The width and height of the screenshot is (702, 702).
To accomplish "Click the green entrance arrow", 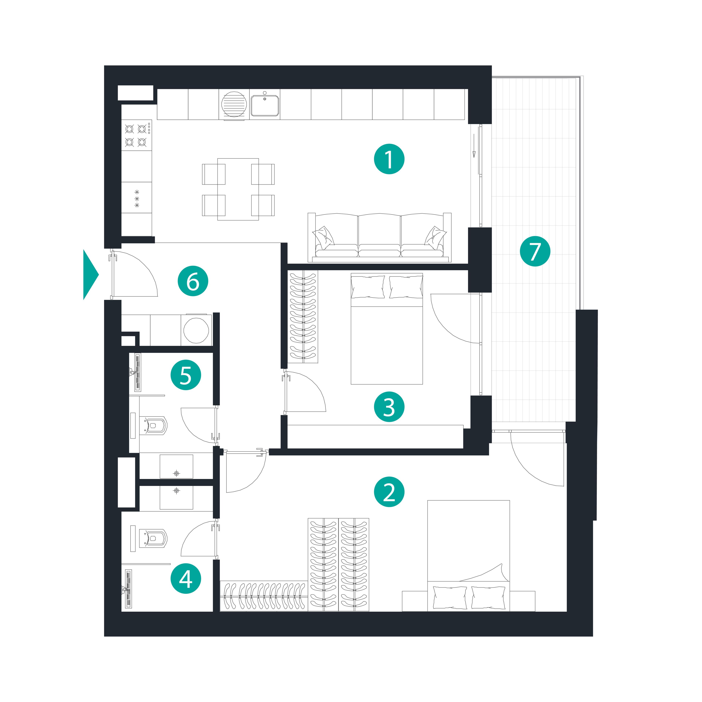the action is coord(90,275).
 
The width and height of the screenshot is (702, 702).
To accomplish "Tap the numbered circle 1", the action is coord(389,159).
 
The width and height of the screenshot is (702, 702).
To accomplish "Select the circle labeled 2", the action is coord(389,492).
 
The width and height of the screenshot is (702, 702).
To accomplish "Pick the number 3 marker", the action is coord(389,407).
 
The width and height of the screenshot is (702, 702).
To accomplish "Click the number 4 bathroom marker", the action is coord(186,578).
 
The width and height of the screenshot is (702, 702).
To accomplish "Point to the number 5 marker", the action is coord(186,375).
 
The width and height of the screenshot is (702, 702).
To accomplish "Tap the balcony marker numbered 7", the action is coord(535,251).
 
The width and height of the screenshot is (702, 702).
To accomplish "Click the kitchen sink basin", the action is coord(265,105).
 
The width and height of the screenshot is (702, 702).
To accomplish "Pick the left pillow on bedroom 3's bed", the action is coord(368,287).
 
